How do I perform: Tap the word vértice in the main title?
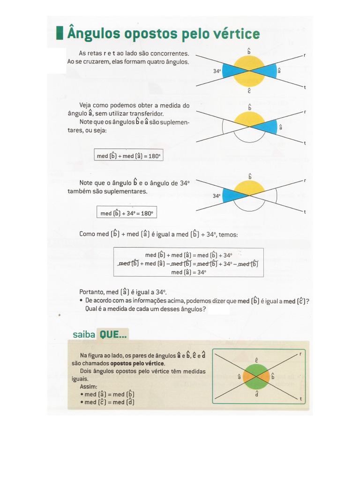[237, 34]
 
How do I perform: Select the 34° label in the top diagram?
[217, 71]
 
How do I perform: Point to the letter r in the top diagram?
[305, 55]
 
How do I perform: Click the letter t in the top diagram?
[305, 87]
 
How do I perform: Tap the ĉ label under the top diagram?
[249, 91]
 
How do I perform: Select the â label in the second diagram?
[281, 127]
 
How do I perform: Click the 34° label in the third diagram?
[216, 196]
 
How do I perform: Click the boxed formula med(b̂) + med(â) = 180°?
[128, 156]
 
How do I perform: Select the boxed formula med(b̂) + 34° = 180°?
[127, 213]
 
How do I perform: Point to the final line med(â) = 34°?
[188, 272]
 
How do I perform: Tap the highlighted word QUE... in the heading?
[112, 334]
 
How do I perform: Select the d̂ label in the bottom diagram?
[256, 394]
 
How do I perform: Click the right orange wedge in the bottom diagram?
[264, 376]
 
